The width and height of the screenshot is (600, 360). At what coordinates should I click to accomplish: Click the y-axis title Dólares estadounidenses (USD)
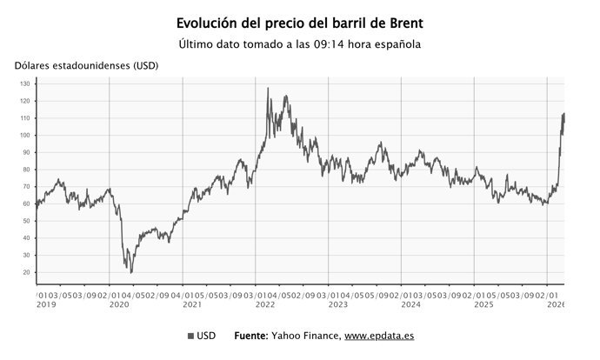coord(86,66)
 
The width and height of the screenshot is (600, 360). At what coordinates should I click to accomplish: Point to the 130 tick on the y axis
coord(24,84)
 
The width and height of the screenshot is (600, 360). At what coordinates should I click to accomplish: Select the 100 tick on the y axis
coord(24,136)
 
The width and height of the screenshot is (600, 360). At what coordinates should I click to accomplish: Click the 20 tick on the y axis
coord(26,272)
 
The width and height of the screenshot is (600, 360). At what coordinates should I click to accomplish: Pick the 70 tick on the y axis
coord(26,187)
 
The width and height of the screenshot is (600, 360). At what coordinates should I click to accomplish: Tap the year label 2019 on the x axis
coord(45,305)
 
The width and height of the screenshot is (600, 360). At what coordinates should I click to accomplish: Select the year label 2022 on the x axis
coord(265,305)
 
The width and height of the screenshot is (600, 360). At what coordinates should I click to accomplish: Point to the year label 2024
coord(411,305)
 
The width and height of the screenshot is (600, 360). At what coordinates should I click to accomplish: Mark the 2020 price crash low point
coord(131,272)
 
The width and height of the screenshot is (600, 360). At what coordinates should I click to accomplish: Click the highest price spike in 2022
coord(268,88)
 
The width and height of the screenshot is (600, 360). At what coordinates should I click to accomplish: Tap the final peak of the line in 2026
coord(563,113)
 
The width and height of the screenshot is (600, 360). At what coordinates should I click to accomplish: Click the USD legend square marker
coord(190,336)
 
